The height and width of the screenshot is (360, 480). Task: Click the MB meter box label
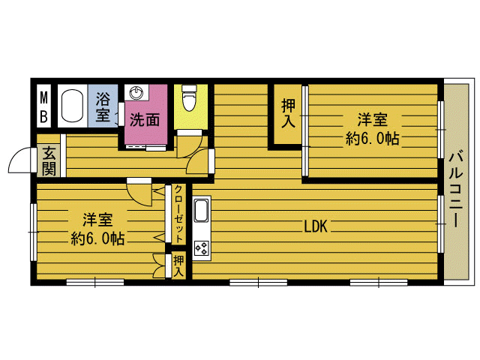44,107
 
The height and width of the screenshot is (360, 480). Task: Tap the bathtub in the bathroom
73,106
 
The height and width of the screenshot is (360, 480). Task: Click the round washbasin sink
135,92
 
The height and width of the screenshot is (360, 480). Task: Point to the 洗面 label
145,120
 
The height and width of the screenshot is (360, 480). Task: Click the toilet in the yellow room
189,98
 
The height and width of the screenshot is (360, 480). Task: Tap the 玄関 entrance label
49,161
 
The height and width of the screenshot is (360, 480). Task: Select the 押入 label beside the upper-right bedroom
288,113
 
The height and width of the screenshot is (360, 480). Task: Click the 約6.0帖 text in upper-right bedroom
373,139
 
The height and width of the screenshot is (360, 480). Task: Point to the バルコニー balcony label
456,189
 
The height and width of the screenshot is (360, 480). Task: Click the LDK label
316,226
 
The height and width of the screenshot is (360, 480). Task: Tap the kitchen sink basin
202,211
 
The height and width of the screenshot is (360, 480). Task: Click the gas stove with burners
202,248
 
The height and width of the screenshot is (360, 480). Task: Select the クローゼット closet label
178,214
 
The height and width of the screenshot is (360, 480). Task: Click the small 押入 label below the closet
178,265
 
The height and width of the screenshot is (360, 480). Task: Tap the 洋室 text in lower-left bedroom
97,220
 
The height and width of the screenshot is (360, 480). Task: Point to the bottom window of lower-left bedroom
95,282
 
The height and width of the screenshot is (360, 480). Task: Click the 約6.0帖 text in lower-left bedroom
97,238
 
